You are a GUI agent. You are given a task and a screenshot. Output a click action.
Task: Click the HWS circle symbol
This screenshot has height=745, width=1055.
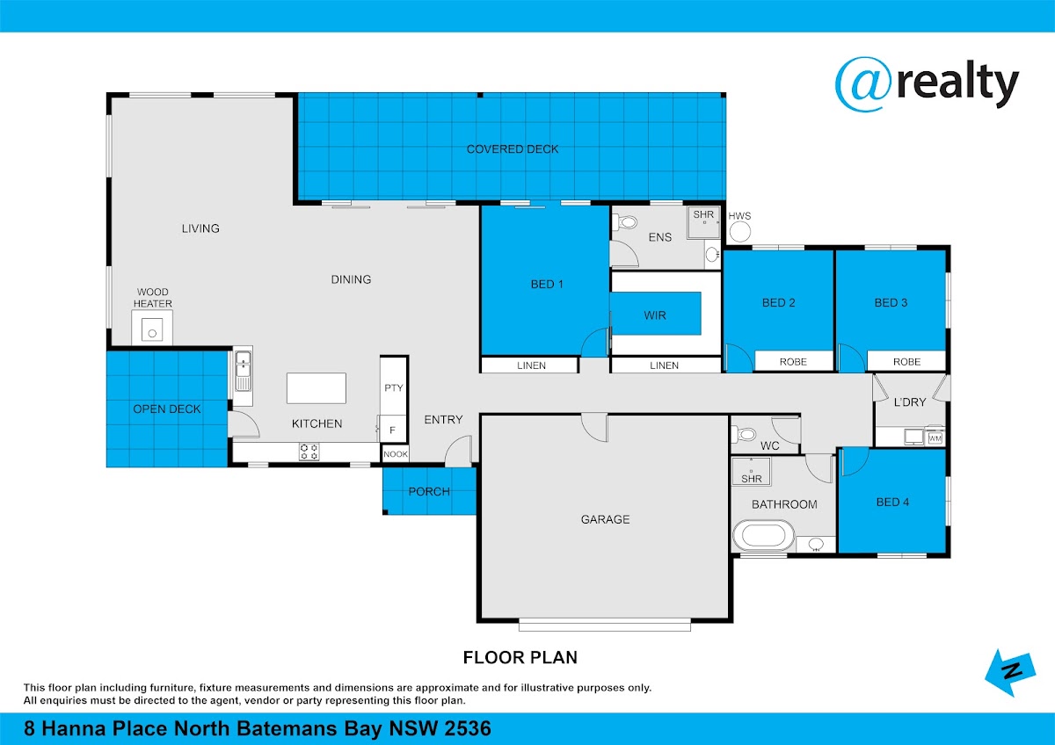pos(740,232)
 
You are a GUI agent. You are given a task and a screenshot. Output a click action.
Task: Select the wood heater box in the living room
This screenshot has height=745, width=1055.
pos(152,328)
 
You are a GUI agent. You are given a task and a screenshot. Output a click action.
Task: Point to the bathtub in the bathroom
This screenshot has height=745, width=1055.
pos(763,536)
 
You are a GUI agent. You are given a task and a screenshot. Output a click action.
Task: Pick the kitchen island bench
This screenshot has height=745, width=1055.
pos(316,388)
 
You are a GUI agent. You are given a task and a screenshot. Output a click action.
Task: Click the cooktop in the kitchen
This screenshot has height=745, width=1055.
pos(309,452)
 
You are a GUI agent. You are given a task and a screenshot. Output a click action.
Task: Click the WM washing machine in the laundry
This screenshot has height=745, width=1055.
pos(935,438)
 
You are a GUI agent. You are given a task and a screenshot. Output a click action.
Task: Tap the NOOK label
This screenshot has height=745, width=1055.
pos(396,454)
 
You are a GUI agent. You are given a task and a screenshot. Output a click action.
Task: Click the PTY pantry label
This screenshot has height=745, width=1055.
pos(394,387)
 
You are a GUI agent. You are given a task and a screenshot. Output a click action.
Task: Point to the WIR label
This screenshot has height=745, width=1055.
pos(655,315)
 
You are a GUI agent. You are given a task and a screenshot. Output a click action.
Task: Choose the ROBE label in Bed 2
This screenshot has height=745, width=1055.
pos(793,362)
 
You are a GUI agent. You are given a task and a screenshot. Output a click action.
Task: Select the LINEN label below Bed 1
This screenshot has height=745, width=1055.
pos(531,365)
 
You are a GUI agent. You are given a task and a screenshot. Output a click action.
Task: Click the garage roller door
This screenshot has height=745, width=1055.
pos(605,626)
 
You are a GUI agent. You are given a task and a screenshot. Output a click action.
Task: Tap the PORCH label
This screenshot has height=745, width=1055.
pos(429,491)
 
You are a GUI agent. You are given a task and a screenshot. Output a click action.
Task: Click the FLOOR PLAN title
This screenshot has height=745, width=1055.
pos(520,657)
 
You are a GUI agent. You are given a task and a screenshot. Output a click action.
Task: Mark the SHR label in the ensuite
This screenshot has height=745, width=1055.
pos(703,214)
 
